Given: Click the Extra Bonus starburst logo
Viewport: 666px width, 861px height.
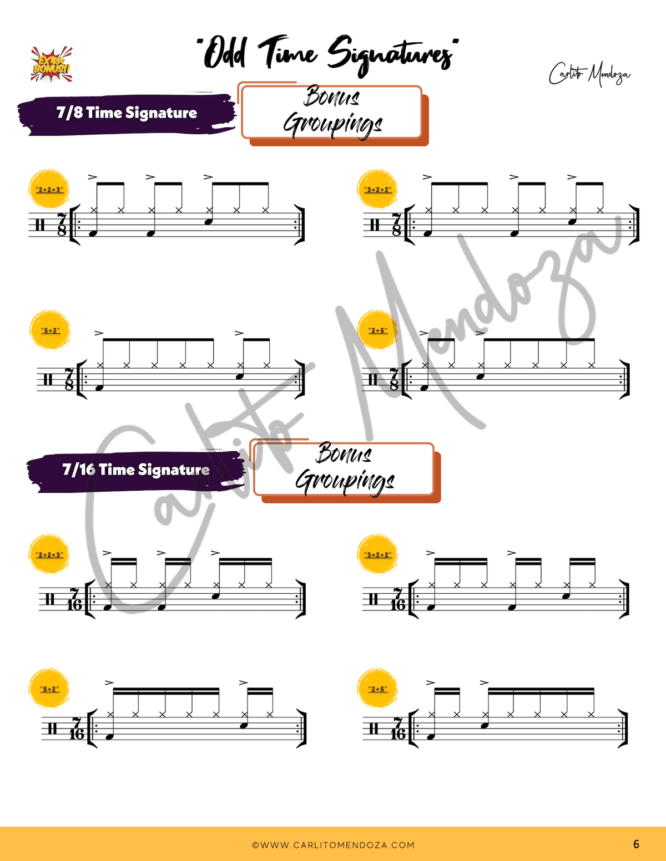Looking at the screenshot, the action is click(52, 64).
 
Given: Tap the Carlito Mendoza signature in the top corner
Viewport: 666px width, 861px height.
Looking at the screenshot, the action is click(589, 74).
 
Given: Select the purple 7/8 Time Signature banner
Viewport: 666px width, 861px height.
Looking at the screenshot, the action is click(127, 114).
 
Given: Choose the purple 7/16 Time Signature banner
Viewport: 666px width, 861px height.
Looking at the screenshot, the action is click(136, 471).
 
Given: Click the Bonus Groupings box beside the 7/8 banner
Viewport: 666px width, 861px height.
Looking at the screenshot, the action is click(334, 114).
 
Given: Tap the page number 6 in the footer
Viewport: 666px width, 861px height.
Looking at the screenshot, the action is click(636, 844).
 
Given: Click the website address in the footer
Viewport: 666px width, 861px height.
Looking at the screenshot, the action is click(333, 845).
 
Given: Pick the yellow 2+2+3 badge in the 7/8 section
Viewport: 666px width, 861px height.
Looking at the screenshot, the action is click(49, 190).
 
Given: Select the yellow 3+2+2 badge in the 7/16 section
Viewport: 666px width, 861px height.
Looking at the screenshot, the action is click(377, 554).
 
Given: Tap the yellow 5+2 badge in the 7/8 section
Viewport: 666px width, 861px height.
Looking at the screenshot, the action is click(50, 330).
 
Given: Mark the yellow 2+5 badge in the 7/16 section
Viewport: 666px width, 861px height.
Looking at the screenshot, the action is click(377, 689).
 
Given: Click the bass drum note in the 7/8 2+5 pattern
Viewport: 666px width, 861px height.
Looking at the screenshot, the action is click(425, 388).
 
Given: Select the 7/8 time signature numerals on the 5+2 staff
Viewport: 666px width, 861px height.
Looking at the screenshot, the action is click(69, 379).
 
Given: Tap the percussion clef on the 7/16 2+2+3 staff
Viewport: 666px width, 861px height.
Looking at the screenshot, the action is click(50, 599).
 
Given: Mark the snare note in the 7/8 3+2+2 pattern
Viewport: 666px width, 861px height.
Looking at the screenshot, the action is click(572, 222).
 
